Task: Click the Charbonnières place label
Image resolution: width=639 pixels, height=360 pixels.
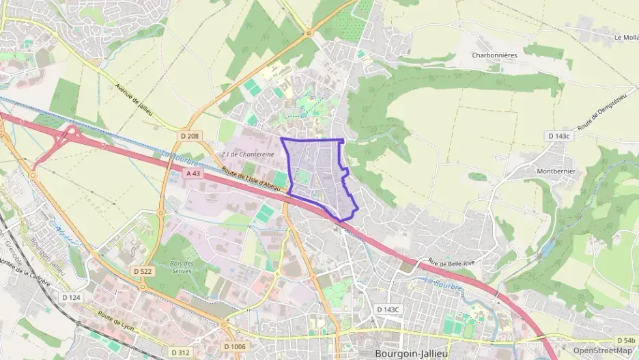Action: (x=495, y=55)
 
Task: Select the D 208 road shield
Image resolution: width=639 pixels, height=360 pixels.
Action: (x=190, y=137)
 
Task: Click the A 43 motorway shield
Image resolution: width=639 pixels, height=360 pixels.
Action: (x=194, y=174)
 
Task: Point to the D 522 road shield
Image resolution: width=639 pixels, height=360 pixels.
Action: (x=143, y=271)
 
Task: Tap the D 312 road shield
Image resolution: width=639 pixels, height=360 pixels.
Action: (x=180, y=352)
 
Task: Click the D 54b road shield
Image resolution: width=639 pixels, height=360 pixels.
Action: (x=625, y=340)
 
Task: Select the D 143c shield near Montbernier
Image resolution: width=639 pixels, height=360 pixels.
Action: (x=558, y=137)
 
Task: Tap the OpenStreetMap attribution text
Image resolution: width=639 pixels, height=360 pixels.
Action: (x=603, y=350)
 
